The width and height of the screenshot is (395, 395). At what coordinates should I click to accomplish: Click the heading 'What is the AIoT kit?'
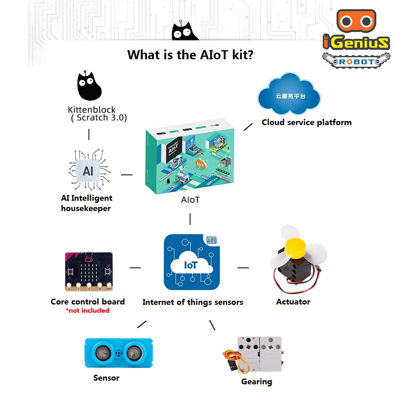point(190,54)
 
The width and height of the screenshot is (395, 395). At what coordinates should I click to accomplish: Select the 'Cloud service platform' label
point(307,122)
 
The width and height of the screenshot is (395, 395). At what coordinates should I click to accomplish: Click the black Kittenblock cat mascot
point(89,87)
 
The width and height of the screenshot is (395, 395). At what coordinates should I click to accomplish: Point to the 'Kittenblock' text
point(91,110)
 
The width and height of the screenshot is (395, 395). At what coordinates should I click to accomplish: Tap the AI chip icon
point(88,171)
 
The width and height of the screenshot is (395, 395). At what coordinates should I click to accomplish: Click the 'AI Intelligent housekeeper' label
point(86,203)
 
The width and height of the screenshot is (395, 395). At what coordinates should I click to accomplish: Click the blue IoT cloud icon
point(191,263)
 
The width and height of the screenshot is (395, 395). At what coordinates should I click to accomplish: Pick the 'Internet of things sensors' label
point(193,302)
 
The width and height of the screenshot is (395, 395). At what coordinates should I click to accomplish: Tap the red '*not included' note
point(88,311)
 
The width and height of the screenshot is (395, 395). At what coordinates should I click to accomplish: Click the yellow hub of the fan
point(294,248)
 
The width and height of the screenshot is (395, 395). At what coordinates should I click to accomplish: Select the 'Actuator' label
point(293,302)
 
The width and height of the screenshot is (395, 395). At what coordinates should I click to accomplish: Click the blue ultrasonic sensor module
point(118,353)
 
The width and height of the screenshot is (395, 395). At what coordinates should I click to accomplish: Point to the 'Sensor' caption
point(106,378)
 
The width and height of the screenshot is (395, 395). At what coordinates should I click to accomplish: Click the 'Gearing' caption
point(256,381)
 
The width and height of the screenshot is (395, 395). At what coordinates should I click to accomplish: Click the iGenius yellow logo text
point(356,43)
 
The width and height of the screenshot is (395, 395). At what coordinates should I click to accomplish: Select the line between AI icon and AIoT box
point(127,174)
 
